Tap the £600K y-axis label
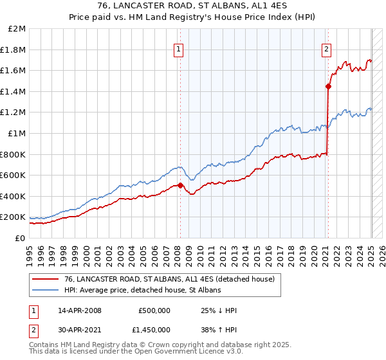point(13,175)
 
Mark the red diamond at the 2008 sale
point(180,186)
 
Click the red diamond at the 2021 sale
point(328,85)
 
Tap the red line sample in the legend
point(46,279)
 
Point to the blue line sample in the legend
point(46,291)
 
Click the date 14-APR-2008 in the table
point(80,310)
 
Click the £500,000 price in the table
point(154,310)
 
